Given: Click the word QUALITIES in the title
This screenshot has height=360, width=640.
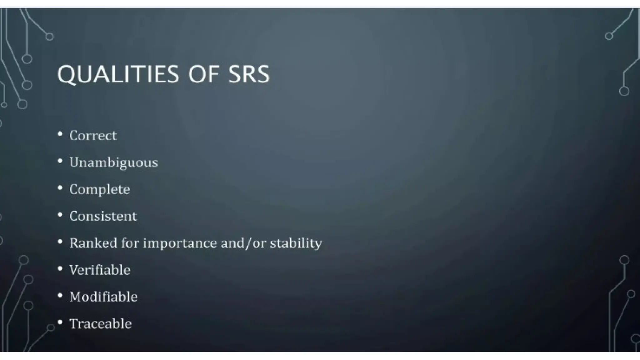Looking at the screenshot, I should click(118, 74).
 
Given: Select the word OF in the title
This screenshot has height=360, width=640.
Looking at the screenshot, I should click(203, 74).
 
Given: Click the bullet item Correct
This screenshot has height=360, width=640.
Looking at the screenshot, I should click(93, 136).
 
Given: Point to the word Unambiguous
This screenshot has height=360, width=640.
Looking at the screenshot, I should click(113, 162).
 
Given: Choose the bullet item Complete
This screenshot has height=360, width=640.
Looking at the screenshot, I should click(99, 189).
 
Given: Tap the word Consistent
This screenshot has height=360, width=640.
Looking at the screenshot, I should click(103, 216).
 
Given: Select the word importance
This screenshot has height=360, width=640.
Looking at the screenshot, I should click(180, 243).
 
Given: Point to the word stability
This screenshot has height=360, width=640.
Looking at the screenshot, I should click(296, 243).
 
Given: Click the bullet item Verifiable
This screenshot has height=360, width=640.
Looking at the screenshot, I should click(99, 270).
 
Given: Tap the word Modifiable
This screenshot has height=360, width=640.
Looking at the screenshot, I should click(103, 297).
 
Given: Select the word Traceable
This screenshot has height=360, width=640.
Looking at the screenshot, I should click(100, 324).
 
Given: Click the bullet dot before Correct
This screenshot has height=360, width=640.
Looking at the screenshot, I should click(60, 134).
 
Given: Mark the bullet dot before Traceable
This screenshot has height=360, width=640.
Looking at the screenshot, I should click(60, 322).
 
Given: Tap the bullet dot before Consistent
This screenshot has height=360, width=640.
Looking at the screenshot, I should click(60, 215).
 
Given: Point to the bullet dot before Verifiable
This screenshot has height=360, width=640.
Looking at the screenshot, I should click(60, 268).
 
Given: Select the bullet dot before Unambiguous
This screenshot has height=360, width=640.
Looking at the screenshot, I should click(60, 161).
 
